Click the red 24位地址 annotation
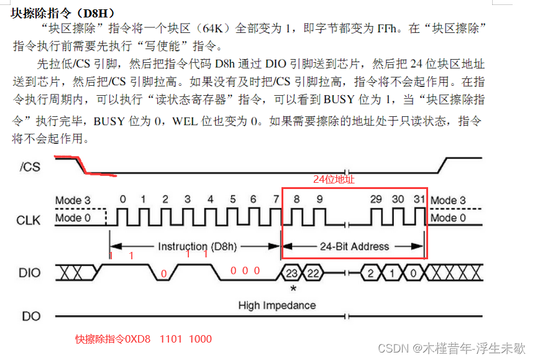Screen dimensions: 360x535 tap(334, 180)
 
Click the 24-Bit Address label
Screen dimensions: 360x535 tap(354, 246)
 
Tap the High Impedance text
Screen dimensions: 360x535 tap(277, 305)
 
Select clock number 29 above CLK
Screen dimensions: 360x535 tap(376, 200)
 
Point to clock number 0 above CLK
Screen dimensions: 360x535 tap(122, 200)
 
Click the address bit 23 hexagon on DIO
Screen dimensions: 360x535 tap(291, 272)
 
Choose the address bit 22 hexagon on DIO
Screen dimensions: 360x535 tap(314, 272)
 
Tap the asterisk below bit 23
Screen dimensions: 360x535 tap(292, 289)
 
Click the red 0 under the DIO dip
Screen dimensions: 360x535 tap(164, 274)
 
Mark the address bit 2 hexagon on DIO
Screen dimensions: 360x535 tap(370, 272)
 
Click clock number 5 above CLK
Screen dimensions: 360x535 tap(233, 200)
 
